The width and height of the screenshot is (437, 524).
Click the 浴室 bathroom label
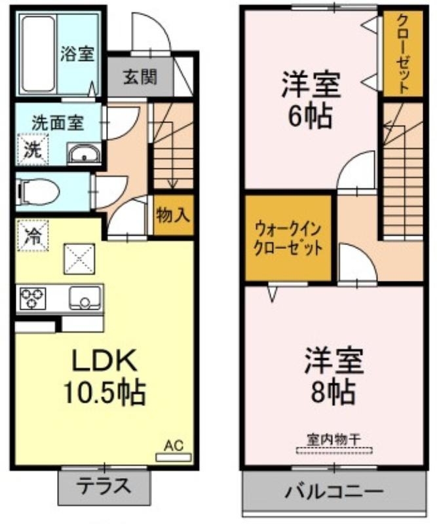77,54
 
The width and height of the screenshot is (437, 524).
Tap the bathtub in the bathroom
38,54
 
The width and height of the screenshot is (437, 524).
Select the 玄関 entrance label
140,77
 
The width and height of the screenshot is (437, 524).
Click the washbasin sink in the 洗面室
84,154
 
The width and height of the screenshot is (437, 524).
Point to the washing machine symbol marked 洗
33,150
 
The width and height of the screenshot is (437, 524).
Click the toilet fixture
39,192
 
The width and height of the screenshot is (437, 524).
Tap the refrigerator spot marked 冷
33,235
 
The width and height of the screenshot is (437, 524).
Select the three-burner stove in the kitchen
33,297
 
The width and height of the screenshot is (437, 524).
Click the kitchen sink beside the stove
85,298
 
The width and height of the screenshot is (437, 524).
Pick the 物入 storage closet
174,215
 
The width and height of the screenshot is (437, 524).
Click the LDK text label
105,360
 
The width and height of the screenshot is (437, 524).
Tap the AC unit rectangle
174,457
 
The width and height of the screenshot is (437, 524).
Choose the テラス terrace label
104,486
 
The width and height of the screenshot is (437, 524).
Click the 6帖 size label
310,116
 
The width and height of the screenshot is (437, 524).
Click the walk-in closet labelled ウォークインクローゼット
288,238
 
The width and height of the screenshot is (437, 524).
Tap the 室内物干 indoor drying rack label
334,439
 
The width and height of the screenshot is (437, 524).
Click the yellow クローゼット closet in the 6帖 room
403,54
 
